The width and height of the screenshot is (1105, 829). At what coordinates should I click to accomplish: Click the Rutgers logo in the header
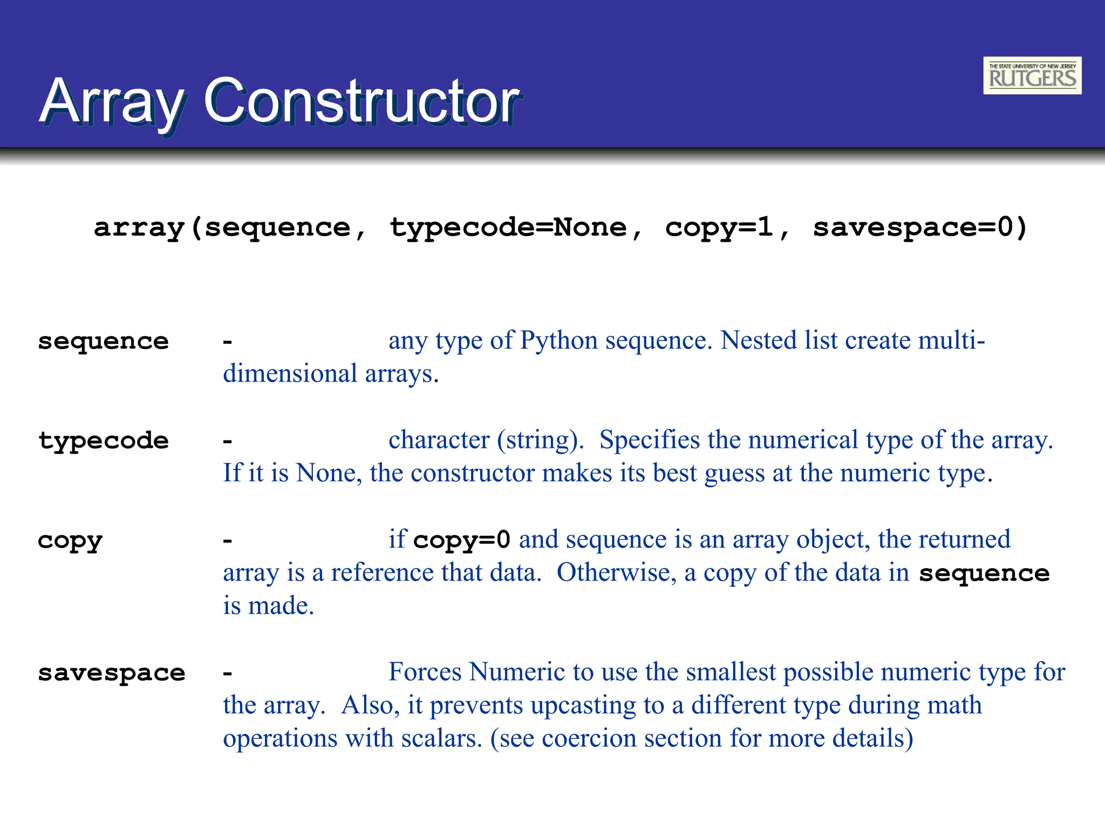[1032, 76]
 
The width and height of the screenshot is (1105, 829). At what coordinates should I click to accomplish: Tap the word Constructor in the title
[360, 101]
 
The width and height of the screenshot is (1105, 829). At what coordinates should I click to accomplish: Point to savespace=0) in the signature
[919, 228]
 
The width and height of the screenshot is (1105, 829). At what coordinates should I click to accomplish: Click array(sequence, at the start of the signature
[229, 228]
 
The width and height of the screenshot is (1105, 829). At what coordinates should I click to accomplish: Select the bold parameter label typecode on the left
[103, 441]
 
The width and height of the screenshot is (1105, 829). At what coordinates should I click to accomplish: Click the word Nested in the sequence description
[758, 341]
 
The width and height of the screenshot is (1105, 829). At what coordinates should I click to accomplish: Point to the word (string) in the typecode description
[540, 440]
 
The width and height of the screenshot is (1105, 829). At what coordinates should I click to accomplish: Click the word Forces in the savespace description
[425, 672]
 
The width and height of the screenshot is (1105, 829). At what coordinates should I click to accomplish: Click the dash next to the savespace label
[228, 674]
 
